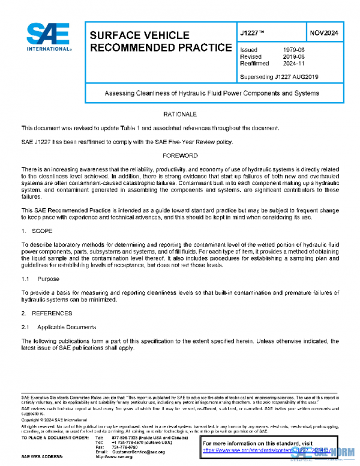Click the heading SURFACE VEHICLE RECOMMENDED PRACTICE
pos(160,41)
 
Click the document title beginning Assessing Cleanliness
pos(212,93)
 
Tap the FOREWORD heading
pos(180,156)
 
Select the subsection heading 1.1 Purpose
pos(41,279)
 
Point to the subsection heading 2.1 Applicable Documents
pos(59,327)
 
